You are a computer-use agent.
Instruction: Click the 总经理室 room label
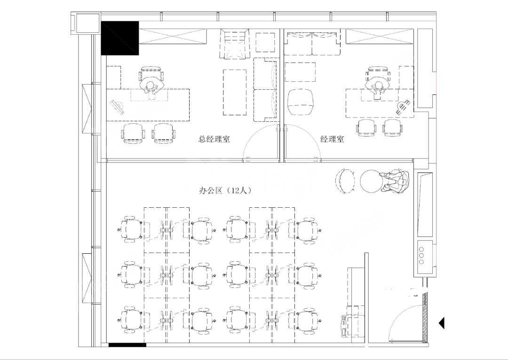click(x=214, y=140)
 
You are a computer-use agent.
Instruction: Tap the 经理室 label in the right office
click(x=333, y=140)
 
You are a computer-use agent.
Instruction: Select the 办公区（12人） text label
click(x=225, y=190)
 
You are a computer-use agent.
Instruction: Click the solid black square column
click(x=120, y=38)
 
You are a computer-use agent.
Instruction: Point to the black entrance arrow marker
click(x=442, y=323)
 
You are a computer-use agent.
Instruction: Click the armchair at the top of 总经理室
click(x=235, y=44)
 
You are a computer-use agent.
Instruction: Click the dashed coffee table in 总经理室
click(x=235, y=92)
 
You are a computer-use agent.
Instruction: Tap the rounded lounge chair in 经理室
click(x=300, y=102)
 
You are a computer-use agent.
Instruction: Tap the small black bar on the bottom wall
click(x=127, y=345)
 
